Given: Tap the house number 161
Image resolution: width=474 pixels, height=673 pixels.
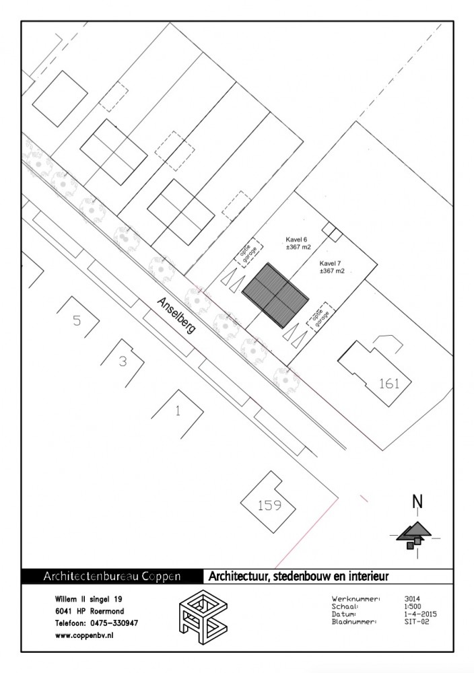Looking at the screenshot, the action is (x=389, y=384).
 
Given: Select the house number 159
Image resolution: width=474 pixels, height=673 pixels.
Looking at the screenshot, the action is (x=269, y=505).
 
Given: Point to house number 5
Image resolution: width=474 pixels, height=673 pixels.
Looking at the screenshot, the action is (x=77, y=320).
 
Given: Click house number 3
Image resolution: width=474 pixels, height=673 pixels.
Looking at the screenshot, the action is (x=123, y=361).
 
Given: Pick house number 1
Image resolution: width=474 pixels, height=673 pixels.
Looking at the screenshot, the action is (x=178, y=411).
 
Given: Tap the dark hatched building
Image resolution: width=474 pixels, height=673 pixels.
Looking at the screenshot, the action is (x=275, y=295).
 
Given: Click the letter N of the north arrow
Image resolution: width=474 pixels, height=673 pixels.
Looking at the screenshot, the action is (x=417, y=501).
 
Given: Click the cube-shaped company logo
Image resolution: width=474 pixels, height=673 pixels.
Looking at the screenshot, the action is (x=203, y=616).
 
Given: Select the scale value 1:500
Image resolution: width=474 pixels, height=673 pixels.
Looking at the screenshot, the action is (x=413, y=606).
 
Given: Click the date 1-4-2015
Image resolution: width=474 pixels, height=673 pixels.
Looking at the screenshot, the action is (x=420, y=614).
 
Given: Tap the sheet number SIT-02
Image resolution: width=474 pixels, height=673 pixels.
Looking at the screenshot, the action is (x=417, y=621).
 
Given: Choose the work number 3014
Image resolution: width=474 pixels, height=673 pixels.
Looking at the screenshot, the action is (x=412, y=599).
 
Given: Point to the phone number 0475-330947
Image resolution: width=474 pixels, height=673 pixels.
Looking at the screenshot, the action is (x=114, y=623).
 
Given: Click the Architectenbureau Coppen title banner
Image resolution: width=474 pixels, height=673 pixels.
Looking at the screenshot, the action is (x=112, y=577).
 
